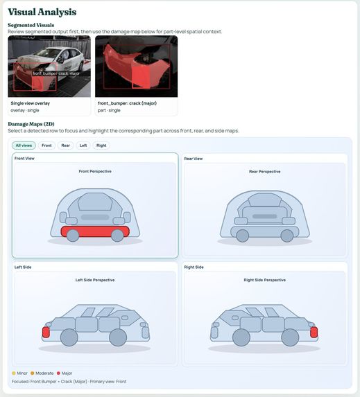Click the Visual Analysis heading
(x=42, y=12)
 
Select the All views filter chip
(x=24, y=145)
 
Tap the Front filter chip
(x=46, y=145)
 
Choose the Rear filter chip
(x=65, y=145)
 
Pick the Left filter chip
(x=83, y=145)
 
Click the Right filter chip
(x=101, y=145)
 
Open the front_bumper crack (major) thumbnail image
(x=136, y=67)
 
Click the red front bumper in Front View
(x=95, y=231)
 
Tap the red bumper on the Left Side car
(x=46, y=332)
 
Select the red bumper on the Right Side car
(x=314, y=332)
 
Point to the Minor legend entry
(x=22, y=373)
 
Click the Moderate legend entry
(x=44, y=373)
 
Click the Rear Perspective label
(x=264, y=171)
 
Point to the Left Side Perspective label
(x=95, y=280)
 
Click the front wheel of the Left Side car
(x=69, y=338)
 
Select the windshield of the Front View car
(x=95, y=202)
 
